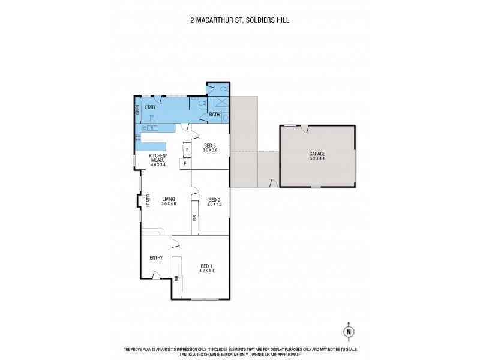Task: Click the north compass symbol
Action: (x=347, y=330)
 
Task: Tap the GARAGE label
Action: (x=317, y=154)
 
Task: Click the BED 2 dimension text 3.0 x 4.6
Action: (x=214, y=205)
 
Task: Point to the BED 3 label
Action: (x=209, y=145)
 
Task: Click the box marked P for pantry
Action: (x=187, y=149)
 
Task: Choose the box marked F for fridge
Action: (x=185, y=163)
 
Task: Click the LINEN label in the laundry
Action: (x=137, y=109)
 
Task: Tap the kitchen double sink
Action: (x=151, y=128)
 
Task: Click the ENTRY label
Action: (x=156, y=258)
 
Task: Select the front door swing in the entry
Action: (x=157, y=275)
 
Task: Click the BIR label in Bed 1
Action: (x=177, y=278)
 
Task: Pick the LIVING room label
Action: (x=167, y=199)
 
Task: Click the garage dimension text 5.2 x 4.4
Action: (x=317, y=159)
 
